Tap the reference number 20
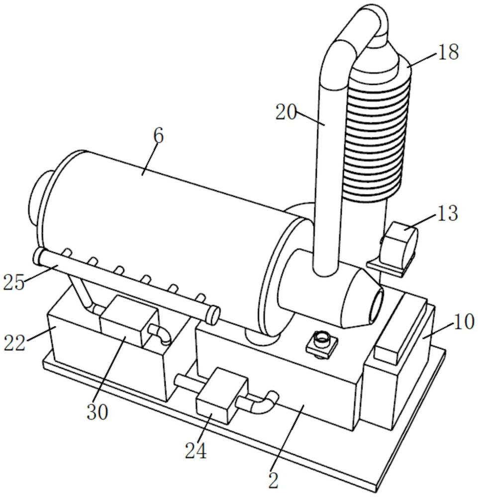click(x=286, y=112)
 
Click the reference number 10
click(x=464, y=322)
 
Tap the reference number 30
click(x=97, y=412)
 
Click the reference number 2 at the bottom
click(x=273, y=481)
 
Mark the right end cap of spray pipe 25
click(x=213, y=315)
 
